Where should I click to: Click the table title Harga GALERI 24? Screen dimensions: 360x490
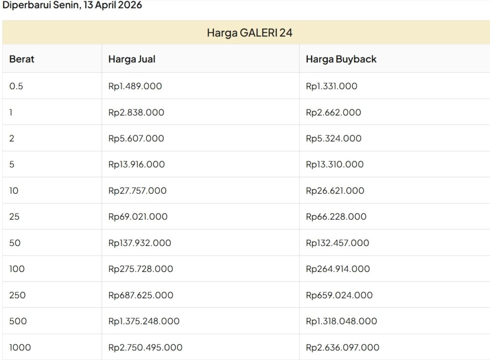click(249, 33)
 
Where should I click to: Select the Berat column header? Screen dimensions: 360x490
click(22, 59)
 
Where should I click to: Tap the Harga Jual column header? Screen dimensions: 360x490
click(132, 59)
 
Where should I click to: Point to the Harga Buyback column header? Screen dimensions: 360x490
click(341, 59)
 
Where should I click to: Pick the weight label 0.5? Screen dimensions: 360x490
click(16, 86)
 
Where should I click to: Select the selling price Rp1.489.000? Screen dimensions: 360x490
click(135, 86)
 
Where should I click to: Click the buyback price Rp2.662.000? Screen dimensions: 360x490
click(333, 112)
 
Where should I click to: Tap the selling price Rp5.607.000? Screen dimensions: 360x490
click(136, 138)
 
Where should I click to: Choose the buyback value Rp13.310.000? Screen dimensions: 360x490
click(334, 164)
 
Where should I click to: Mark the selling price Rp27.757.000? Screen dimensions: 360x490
click(137, 191)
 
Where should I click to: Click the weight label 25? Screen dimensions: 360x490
click(14, 216)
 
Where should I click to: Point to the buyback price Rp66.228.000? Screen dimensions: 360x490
click(336, 216)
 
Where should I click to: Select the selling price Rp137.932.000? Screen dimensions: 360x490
click(139, 243)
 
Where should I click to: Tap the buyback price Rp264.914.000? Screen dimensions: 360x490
click(337, 269)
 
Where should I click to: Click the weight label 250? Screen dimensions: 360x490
click(17, 295)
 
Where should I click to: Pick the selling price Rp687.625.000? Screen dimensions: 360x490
click(141, 295)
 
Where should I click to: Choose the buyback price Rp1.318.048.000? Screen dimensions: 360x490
click(341, 321)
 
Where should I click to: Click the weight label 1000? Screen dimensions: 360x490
click(20, 347)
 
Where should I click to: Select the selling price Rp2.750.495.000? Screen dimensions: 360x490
click(145, 347)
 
